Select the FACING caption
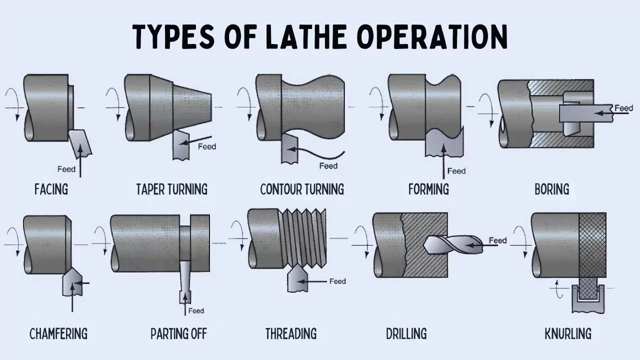51,189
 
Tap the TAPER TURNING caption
171,189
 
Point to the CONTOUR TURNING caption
302,189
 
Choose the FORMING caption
428,189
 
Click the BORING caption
551,189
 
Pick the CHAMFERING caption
58,333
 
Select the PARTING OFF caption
178,333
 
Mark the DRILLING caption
406,333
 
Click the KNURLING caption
568,333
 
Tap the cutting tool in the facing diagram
80,142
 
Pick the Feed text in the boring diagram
623,108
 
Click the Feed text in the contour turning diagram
328,166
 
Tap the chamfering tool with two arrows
72,282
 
